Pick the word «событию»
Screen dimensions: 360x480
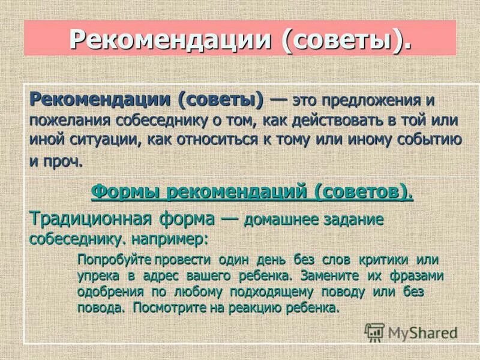point(426,140)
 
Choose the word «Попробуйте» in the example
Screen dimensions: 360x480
point(114,260)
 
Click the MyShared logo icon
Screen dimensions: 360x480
point(375,332)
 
